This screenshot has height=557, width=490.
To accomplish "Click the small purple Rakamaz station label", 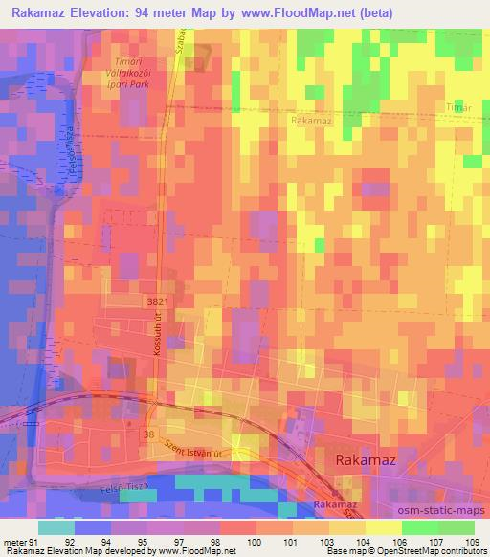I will tap(334, 504).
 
